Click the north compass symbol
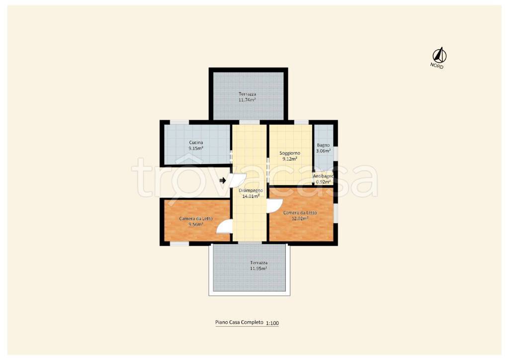click(439, 55)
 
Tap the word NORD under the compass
click(436, 66)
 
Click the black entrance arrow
click(223, 180)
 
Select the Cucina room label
click(196, 143)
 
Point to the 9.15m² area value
click(196, 148)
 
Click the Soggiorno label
click(290, 153)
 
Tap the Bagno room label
click(323, 145)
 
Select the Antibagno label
click(323, 176)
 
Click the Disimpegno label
click(251, 190)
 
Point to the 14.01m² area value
click(251, 196)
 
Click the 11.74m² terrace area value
click(247, 100)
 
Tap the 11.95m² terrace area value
click(258, 269)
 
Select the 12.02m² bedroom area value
click(300, 218)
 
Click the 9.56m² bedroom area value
click(196, 224)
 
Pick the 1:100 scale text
click(272, 323)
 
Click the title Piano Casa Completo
click(239, 322)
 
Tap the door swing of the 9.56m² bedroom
click(223, 227)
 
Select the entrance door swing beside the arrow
click(238, 179)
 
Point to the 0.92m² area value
click(323, 182)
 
